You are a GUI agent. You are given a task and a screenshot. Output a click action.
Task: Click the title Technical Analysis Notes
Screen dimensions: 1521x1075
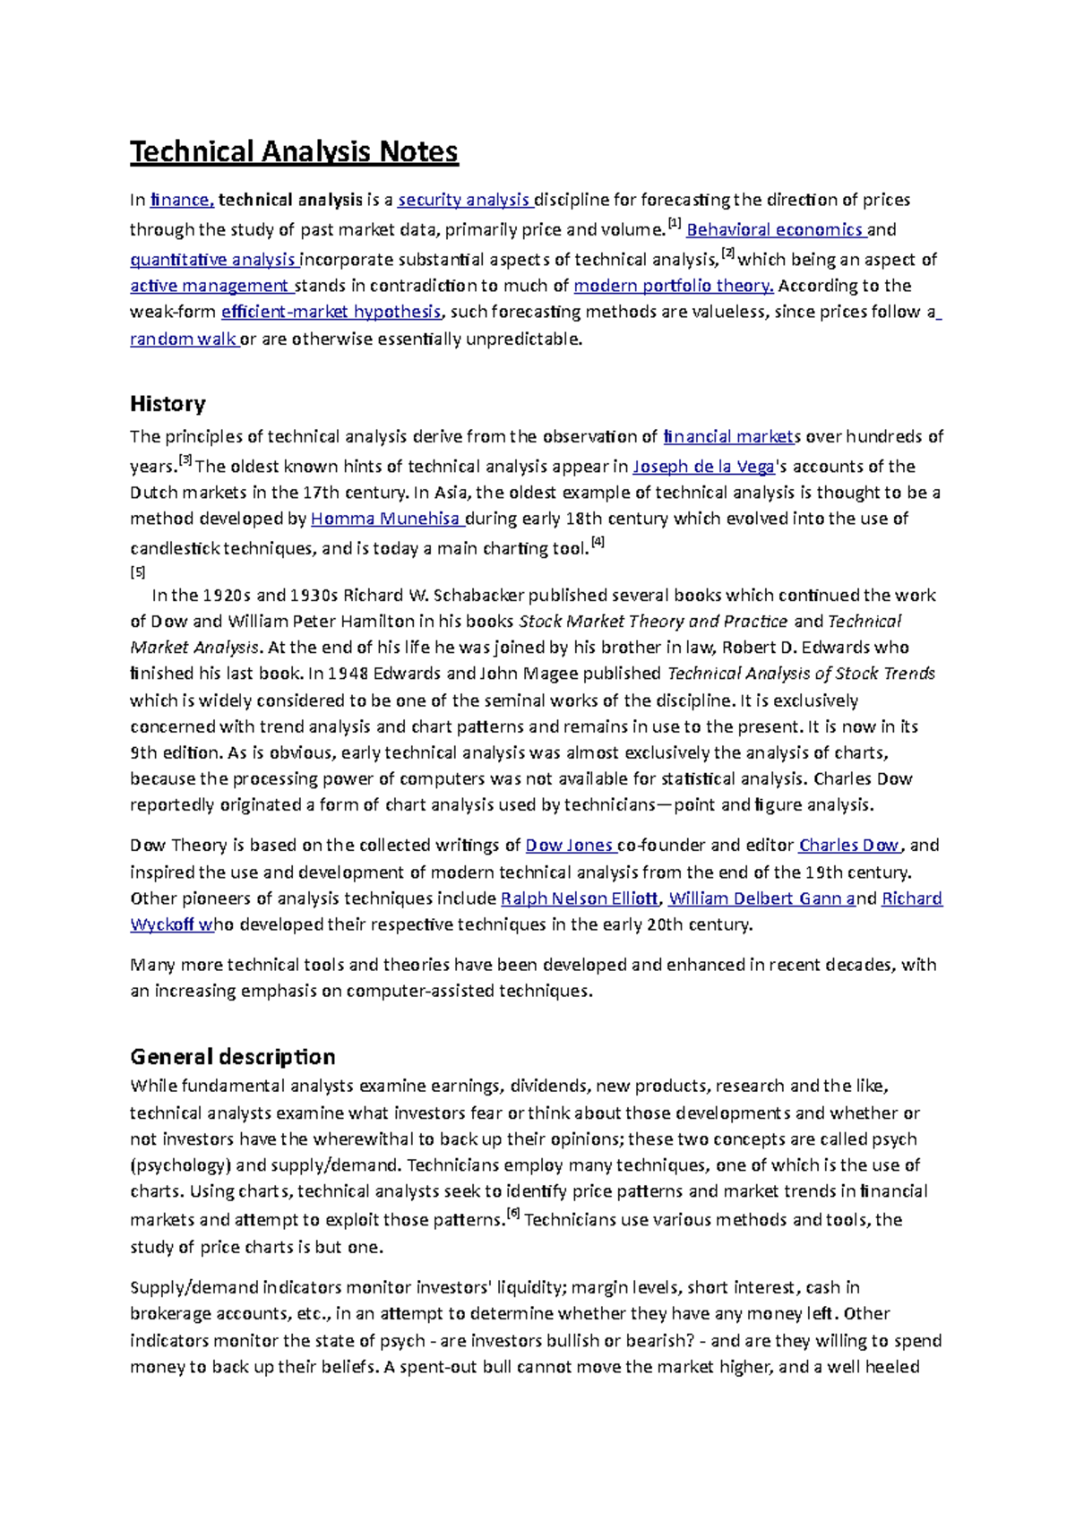[x=294, y=151]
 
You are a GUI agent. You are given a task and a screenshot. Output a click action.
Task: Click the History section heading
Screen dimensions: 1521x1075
[x=168, y=403]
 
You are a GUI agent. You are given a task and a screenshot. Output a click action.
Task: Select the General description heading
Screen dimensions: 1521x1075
[x=232, y=1056]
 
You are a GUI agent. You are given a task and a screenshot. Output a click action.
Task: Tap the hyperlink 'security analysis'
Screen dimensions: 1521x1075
[x=465, y=200]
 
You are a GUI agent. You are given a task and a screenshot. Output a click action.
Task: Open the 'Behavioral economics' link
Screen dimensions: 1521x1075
[x=774, y=229]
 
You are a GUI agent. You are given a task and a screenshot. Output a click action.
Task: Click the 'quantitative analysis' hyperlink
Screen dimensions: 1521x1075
[x=213, y=260]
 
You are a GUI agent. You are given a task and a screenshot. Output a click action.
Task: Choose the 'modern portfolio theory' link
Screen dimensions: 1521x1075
[x=673, y=286]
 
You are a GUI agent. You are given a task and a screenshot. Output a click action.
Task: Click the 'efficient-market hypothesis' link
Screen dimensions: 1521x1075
[x=331, y=312]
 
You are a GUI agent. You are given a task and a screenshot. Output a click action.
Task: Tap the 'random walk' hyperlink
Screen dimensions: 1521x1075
[x=183, y=339]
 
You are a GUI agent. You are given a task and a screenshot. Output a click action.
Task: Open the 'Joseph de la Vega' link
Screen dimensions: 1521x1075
[x=703, y=466]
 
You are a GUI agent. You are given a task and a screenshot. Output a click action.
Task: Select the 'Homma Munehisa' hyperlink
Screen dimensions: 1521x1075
[x=385, y=519]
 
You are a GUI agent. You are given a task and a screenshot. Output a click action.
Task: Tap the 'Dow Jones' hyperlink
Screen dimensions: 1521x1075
[x=569, y=845]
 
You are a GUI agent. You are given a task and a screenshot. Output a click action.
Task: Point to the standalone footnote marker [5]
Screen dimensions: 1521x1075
[x=137, y=571]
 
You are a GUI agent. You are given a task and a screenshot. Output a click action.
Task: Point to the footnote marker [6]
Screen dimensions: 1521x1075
[x=512, y=1215]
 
